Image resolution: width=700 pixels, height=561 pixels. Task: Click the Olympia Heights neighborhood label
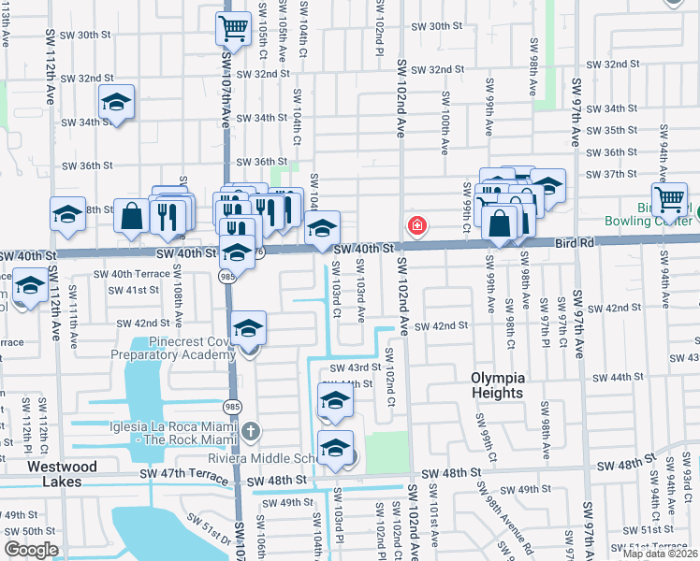tap(498, 384)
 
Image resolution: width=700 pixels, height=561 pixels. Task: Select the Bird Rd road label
tap(575, 242)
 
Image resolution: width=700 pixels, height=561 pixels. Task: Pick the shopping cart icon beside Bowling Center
tap(669, 198)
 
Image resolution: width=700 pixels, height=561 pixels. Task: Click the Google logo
tap(31, 550)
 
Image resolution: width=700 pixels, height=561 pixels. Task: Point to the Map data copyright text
tap(661, 554)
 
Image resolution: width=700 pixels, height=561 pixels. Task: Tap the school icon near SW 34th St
tap(117, 102)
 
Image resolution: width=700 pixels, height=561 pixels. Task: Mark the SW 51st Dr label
tap(209, 529)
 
